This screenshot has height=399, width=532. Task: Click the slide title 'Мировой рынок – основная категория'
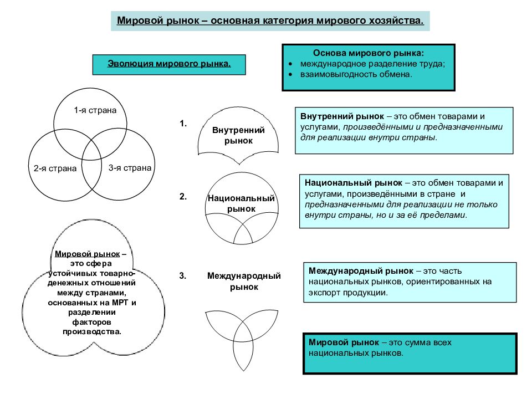click(x=270, y=21)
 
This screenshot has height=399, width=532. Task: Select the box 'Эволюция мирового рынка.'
click(x=169, y=64)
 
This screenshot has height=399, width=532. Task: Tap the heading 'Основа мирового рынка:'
click(x=369, y=54)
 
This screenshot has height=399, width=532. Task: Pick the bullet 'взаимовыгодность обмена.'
click(x=356, y=74)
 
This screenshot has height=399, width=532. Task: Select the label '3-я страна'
click(x=130, y=167)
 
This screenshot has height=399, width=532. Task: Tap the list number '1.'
click(x=183, y=124)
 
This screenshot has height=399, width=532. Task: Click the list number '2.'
click(x=183, y=197)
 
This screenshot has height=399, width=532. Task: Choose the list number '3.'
click(x=183, y=275)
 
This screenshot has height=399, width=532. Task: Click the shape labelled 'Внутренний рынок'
click(x=238, y=135)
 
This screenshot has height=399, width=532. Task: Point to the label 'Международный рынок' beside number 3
click(x=244, y=281)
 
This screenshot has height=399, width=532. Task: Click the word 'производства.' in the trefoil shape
click(x=91, y=331)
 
